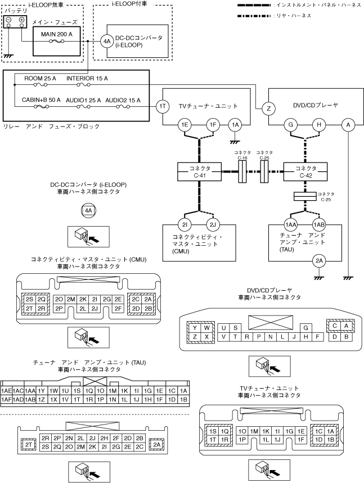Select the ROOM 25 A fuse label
pyautogui.click(x=40, y=78)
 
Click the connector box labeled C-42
pyautogui.click(x=305, y=171)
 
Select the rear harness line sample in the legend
pyautogui.click(x=272, y=16)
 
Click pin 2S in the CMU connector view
pyautogui.click(x=30, y=299)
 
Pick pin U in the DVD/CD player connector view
pyautogui.click(x=224, y=327)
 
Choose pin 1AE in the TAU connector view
pyautogui.click(x=7, y=390)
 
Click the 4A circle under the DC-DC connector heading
pyautogui.click(x=88, y=211)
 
